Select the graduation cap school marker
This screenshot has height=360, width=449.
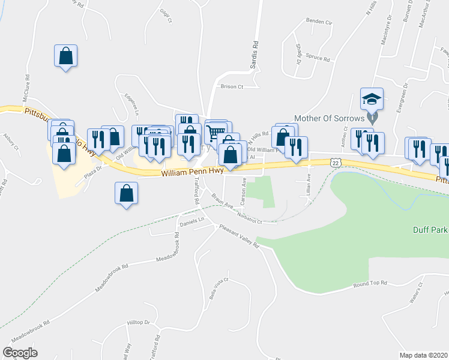372,98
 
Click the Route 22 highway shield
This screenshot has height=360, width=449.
336,163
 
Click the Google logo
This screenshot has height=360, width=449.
20,353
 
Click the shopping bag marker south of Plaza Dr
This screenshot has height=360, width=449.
126,194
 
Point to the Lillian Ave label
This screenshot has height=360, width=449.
309,182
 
